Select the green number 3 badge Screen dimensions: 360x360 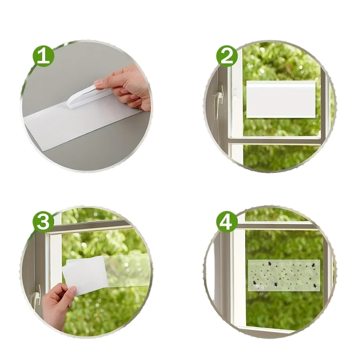tap(43, 222)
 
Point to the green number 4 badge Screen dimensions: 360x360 tap(227, 222)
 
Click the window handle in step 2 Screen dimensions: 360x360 tap(218, 101)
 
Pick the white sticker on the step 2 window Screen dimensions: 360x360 tap(280, 99)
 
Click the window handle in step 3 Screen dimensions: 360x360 tap(37, 296)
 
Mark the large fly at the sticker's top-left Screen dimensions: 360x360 tap(269, 265)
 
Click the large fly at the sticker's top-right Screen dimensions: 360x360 tap(313, 266)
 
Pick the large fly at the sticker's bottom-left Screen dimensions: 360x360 tap(254, 283)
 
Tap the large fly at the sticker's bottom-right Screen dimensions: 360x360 tap(315, 286)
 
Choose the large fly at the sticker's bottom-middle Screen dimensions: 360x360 tap(276, 285)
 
